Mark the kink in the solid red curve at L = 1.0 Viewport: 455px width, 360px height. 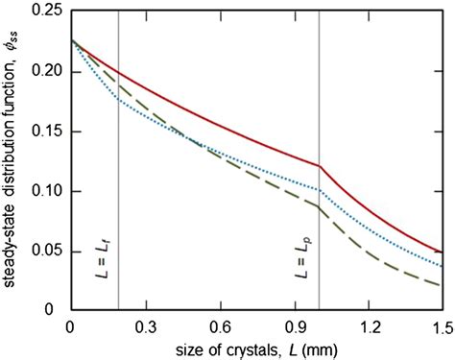pyautogui.click(x=319, y=166)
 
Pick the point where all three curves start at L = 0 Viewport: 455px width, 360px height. pyautogui.click(x=70, y=40)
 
